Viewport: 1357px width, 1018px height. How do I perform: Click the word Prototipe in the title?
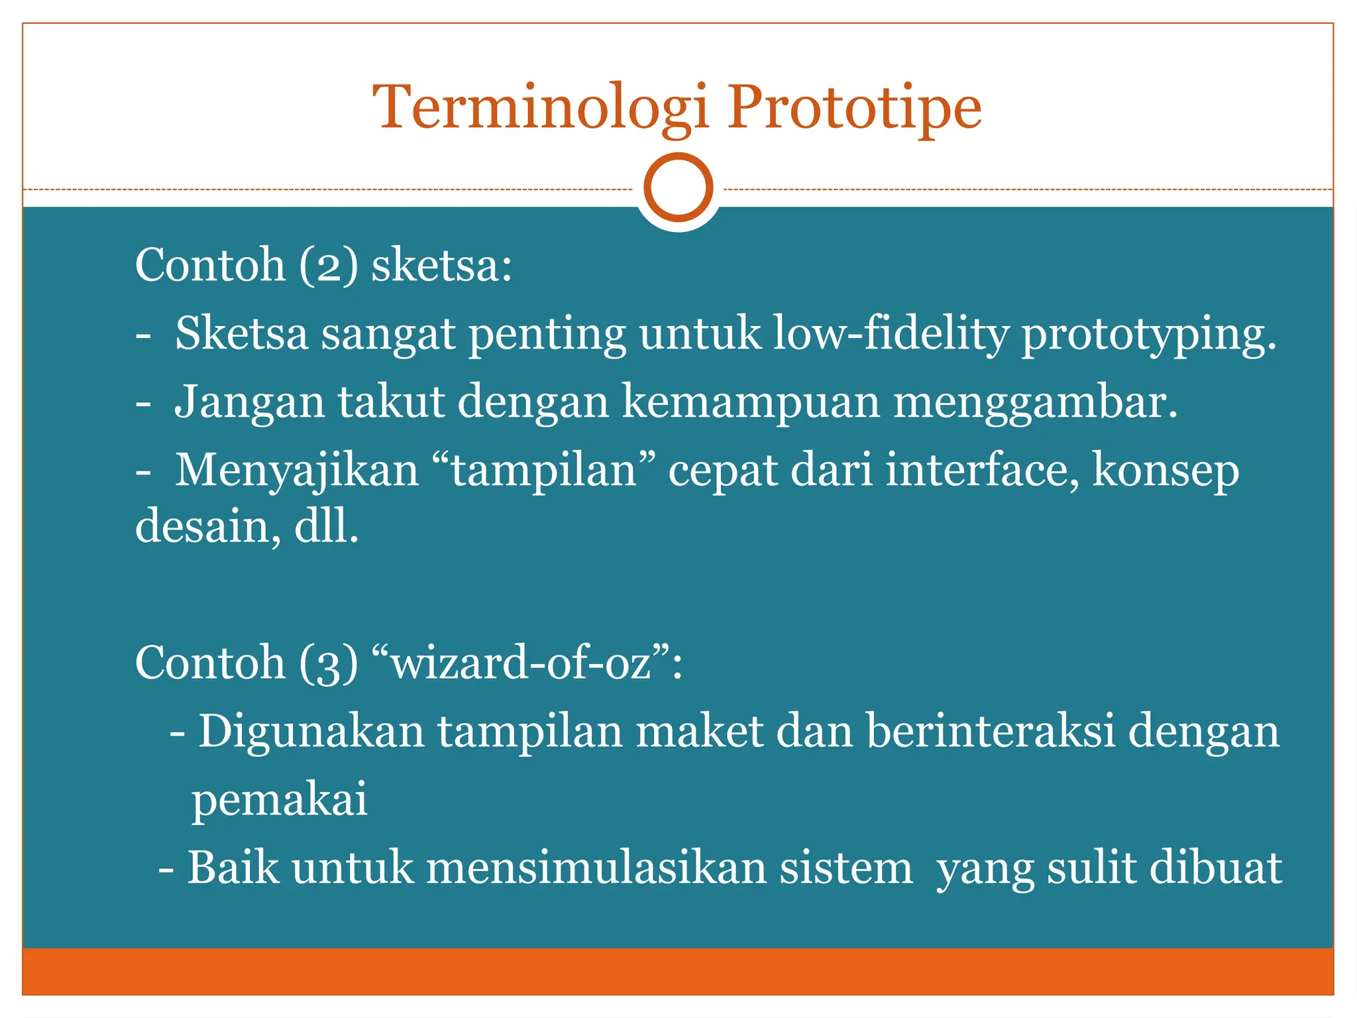coord(854,108)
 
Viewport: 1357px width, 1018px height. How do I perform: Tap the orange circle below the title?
coord(678,188)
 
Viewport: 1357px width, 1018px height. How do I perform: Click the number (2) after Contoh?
coord(329,266)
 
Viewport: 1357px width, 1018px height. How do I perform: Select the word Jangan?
coord(249,403)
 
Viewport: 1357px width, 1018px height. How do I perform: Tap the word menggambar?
coord(1035,403)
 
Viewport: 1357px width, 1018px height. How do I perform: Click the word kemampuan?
coord(751,403)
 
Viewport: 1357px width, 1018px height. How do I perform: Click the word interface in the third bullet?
coord(983,470)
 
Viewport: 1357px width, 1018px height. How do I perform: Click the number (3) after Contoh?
coord(329,663)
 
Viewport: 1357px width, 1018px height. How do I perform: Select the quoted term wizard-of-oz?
coord(527,663)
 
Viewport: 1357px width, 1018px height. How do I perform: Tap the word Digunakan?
coord(311,732)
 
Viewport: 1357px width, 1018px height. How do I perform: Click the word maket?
coord(700,732)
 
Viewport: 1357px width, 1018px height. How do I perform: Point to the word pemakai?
coord(280,800)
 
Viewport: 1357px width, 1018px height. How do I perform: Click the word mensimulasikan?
coord(596,868)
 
